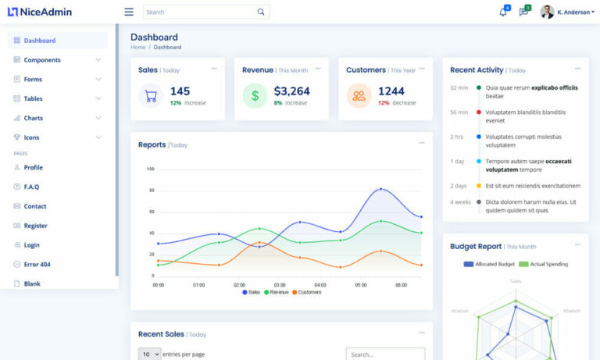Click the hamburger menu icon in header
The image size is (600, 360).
[129, 12]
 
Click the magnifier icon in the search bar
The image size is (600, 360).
[261, 12]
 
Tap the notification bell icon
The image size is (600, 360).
[502, 12]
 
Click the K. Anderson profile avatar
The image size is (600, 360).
[547, 12]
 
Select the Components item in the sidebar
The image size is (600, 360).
[42, 60]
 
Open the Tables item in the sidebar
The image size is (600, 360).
[33, 99]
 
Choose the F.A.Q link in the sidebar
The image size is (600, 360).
[31, 187]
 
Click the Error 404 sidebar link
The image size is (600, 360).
[37, 265]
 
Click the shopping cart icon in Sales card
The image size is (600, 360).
[151, 96]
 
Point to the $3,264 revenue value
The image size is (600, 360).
[291, 91]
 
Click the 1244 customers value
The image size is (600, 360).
[391, 91]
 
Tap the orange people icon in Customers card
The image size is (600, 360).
[359, 96]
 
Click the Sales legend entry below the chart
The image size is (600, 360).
[251, 292]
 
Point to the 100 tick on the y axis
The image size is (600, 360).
[150, 169]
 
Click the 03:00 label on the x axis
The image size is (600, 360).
[280, 285]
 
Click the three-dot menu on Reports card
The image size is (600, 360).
[422, 144]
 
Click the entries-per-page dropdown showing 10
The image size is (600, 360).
[150, 355]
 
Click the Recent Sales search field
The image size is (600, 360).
[385, 355]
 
